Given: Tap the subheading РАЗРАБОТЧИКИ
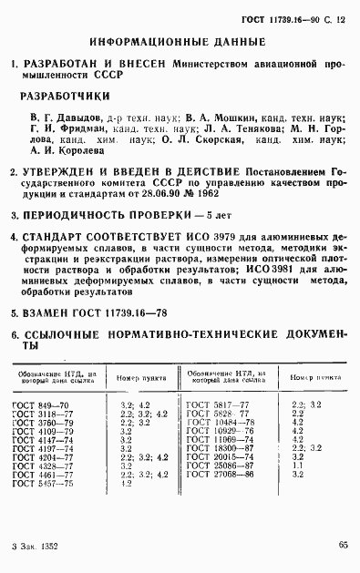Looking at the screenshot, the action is (65, 96).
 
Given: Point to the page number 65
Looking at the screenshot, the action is (343, 545).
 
